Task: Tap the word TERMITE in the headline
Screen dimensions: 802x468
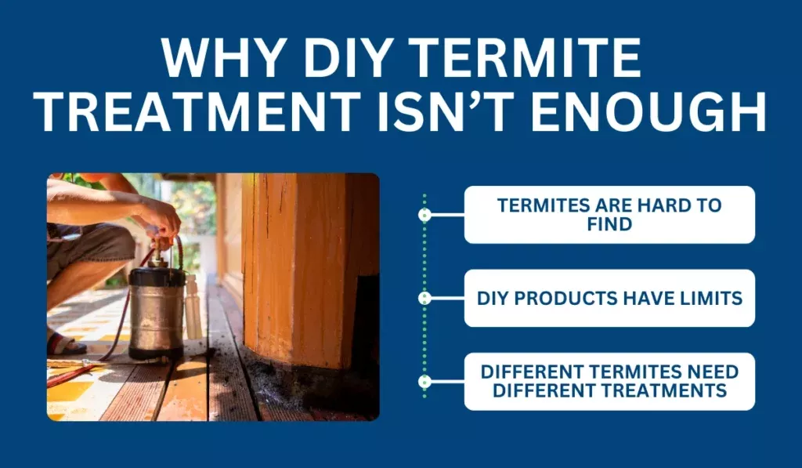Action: (x=526, y=58)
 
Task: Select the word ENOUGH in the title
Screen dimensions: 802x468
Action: (x=648, y=111)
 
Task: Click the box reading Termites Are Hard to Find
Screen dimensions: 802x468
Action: (x=609, y=215)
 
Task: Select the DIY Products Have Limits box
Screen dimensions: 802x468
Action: (x=609, y=298)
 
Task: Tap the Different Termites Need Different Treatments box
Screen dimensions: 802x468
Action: (x=609, y=382)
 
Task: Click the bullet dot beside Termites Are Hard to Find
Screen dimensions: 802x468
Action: (x=424, y=215)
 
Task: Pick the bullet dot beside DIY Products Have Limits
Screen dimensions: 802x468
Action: (x=424, y=298)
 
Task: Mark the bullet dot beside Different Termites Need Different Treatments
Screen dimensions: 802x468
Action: (x=424, y=382)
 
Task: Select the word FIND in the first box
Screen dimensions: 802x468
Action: (x=609, y=224)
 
